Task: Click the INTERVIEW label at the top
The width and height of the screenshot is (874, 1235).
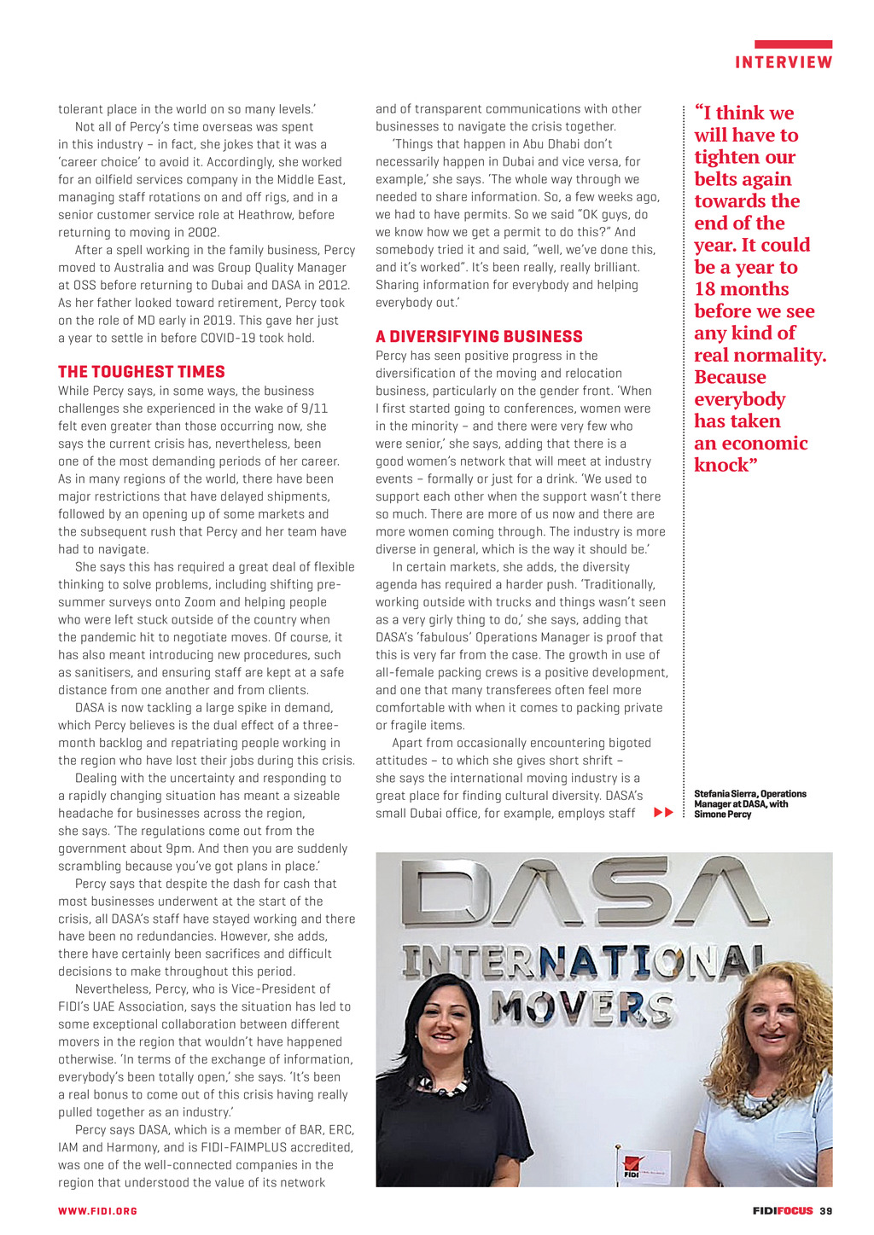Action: click(x=784, y=62)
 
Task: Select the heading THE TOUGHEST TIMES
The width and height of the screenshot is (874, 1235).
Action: click(x=142, y=372)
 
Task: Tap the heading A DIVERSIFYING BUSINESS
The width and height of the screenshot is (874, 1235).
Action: click(x=479, y=337)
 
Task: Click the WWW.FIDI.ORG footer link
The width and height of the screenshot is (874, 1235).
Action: click(x=97, y=1211)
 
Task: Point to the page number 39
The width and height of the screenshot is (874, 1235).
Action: click(x=826, y=1211)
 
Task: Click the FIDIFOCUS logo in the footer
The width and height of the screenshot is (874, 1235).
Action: click(x=783, y=1211)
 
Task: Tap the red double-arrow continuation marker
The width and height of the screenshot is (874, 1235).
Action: click(x=663, y=813)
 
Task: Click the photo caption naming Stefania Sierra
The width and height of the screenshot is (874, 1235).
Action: click(x=749, y=803)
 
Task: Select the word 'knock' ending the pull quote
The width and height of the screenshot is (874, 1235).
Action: click(x=722, y=465)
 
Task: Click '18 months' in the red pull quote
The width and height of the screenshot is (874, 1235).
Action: click(x=741, y=289)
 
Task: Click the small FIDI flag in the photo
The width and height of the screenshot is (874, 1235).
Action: click(x=632, y=1167)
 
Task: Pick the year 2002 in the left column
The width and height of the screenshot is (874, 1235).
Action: click(x=204, y=232)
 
